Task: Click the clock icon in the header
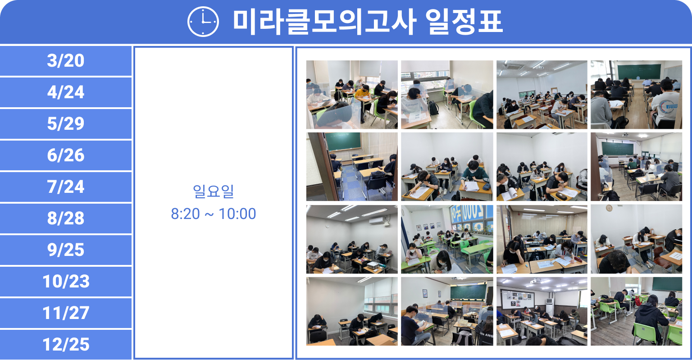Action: pos(203,22)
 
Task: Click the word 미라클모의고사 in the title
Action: pos(324,22)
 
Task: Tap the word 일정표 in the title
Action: pos(464,22)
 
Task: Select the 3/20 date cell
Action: pos(65,60)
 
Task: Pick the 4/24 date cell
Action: pos(65,92)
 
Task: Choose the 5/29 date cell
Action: pos(65,123)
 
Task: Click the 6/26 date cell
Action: pos(65,155)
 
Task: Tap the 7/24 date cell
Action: pos(65,187)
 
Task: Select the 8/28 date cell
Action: pos(65,218)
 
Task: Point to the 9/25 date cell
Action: pos(65,250)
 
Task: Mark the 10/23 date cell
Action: pos(65,281)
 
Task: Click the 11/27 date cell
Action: pos(65,313)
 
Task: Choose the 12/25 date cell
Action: pos(65,344)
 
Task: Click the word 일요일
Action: pos(213,191)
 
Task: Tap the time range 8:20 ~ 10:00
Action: pos(214,214)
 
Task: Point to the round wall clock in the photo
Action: pos(609,208)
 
